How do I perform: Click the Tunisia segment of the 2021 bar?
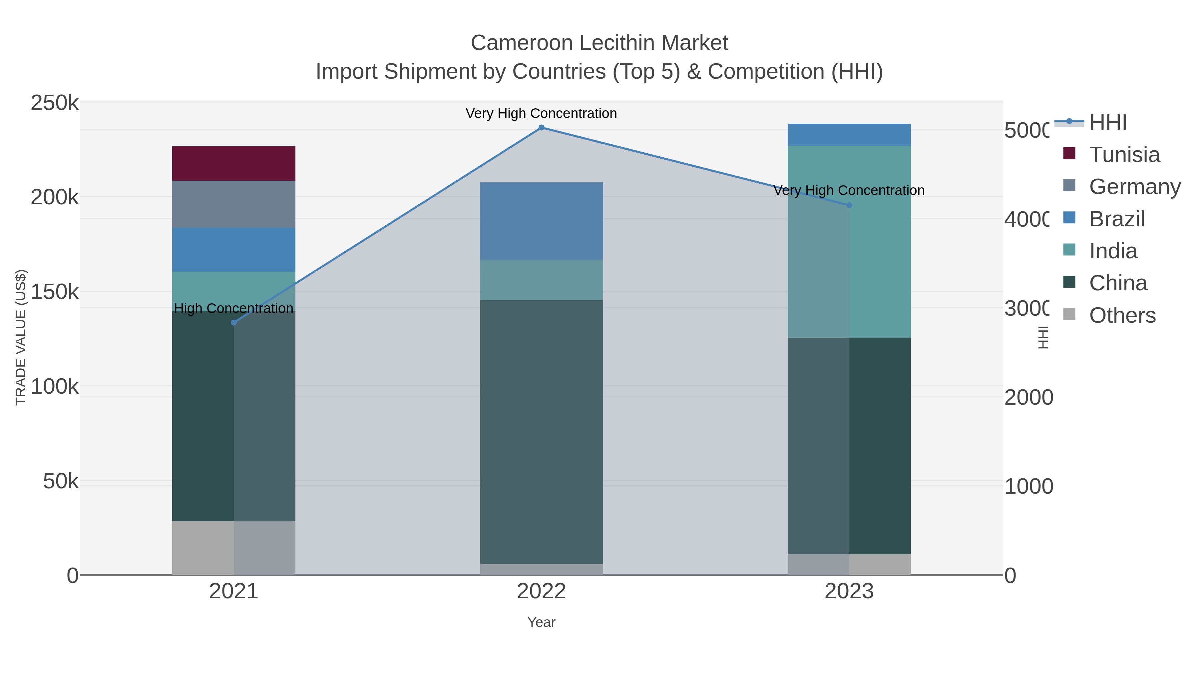234,164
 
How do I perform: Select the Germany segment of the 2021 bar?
234,204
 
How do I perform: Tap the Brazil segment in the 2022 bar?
541,221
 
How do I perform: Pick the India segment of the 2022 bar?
541,280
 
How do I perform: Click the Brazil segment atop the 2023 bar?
849,135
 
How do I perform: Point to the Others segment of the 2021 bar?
234,548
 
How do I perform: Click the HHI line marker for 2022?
541,128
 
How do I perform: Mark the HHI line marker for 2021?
234,323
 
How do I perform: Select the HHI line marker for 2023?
849,205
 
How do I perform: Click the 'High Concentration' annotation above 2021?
234,308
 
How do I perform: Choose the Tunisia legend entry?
1124,155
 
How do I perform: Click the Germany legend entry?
1135,187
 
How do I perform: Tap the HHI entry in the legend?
1108,123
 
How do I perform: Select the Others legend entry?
1122,315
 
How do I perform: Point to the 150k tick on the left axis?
55,292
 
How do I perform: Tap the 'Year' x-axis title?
541,622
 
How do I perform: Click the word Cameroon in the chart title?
522,43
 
